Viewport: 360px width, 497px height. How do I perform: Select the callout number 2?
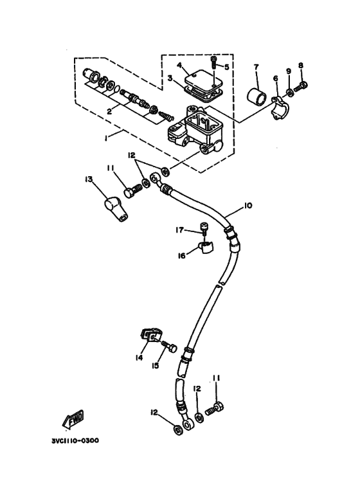[x=110, y=111]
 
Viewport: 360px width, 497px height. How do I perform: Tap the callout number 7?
[x=255, y=67]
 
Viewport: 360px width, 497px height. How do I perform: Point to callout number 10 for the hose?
[x=248, y=207]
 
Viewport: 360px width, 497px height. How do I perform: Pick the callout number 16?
[x=182, y=255]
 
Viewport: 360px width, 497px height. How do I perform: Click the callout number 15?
[x=156, y=365]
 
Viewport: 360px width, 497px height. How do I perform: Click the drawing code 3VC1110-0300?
[x=75, y=442]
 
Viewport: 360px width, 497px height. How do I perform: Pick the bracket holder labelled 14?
[x=149, y=336]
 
